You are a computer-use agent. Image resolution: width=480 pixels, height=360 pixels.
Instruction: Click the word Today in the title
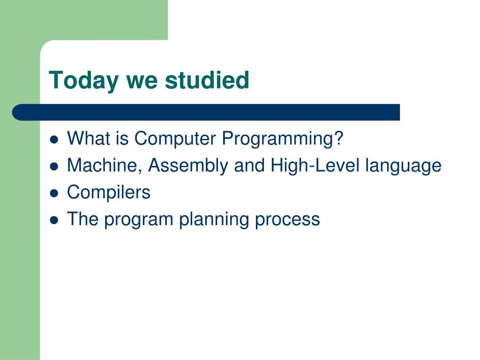[83, 81]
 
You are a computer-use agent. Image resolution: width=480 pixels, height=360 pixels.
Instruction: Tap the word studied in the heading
[207, 80]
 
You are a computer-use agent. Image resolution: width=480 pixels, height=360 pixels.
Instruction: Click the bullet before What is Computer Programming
[54, 140]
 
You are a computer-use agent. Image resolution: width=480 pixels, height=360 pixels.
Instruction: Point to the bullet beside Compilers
[54, 194]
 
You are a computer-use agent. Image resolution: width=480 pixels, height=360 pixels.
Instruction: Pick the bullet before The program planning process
[54, 220]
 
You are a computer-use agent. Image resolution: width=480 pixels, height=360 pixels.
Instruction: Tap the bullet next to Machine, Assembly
[54, 166]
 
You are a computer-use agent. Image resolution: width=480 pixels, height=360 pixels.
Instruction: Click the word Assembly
[188, 166]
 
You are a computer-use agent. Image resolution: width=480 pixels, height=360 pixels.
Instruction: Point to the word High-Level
[315, 166]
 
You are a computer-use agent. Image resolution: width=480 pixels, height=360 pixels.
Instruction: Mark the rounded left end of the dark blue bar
[13, 112]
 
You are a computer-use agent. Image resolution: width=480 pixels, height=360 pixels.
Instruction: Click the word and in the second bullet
[249, 165]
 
